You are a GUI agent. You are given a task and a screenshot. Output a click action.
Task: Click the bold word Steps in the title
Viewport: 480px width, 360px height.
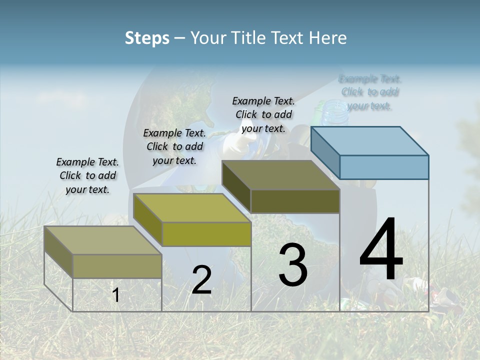point(147,38)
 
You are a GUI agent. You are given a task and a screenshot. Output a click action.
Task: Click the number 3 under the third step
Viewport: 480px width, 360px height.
point(293,264)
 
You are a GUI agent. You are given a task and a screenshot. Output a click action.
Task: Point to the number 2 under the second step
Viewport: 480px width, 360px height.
point(201,280)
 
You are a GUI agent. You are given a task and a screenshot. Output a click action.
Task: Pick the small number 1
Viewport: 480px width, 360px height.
point(116,295)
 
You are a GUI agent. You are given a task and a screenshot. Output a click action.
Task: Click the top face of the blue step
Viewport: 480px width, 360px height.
point(370,140)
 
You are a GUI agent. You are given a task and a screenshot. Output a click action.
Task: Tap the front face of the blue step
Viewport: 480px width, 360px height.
point(384,167)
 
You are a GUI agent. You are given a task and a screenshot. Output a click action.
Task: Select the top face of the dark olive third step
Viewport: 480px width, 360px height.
point(280,175)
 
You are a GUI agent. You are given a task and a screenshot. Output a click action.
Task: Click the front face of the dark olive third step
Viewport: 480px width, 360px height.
point(295,201)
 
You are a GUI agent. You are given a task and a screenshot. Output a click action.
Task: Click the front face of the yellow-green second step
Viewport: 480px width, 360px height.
point(206,234)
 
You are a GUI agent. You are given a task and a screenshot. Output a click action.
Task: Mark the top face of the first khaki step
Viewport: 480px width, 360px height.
point(102,240)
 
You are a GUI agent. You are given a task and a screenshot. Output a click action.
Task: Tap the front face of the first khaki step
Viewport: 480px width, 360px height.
point(117,266)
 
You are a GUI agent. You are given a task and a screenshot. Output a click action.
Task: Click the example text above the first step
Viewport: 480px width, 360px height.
point(87,175)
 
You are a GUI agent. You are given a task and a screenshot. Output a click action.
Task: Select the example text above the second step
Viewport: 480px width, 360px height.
point(174,146)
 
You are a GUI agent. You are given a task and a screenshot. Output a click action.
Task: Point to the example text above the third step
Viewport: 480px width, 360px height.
point(263,114)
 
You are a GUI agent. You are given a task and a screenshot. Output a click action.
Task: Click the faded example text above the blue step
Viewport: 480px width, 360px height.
point(370,92)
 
